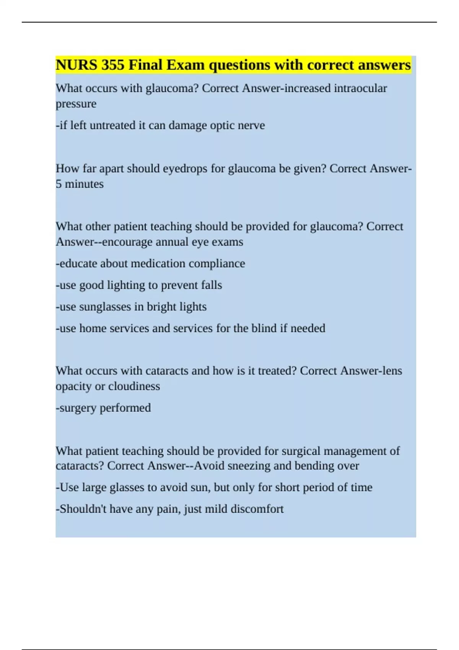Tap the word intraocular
click(x=360, y=88)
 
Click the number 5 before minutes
click(x=59, y=184)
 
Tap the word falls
click(x=212, y=285)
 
